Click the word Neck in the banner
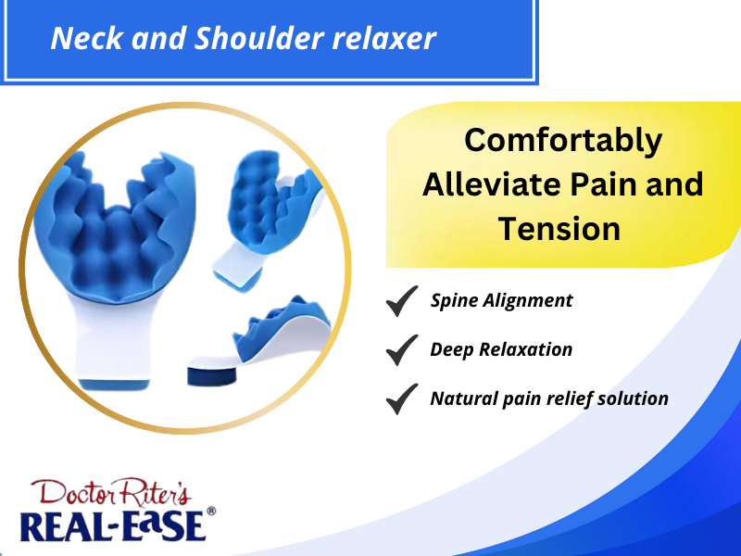point(87,38)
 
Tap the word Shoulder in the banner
point(259,38)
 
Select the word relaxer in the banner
point(383,39)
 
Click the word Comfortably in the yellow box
point(563,141)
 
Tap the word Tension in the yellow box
point(559,229)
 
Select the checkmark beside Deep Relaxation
point(402,350)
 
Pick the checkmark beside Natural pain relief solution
point(402,399)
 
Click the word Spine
point(454,301)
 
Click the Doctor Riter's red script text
point(111,492)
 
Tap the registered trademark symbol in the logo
point(211,512)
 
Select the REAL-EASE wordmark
point(113,525)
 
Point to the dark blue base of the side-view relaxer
point(212,376)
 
